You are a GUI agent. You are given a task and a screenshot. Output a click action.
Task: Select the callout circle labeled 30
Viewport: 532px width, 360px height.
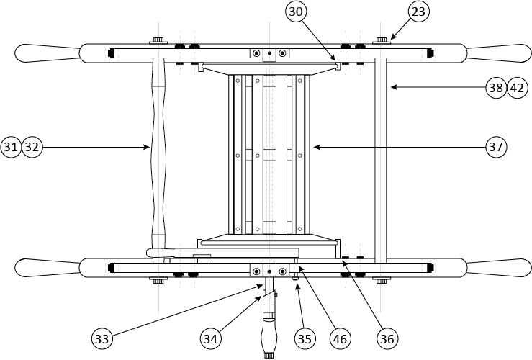297,12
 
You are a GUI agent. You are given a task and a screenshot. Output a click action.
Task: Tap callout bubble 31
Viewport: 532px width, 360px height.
11,147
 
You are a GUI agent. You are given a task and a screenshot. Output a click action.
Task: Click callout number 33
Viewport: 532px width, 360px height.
102,337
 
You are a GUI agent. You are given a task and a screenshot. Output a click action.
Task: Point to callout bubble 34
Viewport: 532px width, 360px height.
210,337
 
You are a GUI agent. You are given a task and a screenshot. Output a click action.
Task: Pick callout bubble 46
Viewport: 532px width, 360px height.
341,337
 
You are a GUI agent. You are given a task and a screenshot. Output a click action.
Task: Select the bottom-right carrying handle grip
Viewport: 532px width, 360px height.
497,267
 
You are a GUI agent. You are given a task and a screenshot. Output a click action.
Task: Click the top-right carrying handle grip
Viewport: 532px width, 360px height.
497,53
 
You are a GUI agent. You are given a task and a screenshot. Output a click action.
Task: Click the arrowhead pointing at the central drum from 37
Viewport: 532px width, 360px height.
315,147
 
